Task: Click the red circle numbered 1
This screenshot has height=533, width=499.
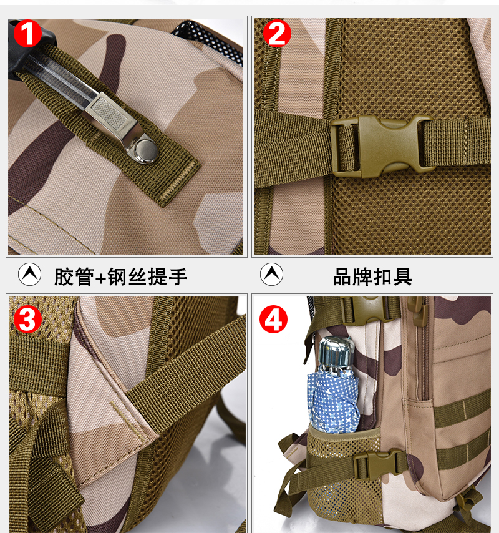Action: pos(27,33)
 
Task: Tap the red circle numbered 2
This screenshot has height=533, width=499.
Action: pos(277,33)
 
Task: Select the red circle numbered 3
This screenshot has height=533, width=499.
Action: pos(27,320)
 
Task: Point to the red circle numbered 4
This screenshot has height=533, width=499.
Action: pos(273,320)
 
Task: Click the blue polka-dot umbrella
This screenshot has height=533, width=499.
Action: pos(334,401)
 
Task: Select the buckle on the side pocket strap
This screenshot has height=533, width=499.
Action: pos(379,464)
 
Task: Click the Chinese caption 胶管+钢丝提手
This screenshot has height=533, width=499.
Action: pos(120,276)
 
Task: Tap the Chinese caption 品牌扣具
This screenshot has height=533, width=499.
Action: pos(372,276)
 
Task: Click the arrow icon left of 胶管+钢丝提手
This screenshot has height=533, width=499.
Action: pos(29,275)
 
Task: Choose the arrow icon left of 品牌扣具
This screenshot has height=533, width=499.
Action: pos(271,275)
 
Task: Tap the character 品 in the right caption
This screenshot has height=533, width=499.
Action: pos(342,276)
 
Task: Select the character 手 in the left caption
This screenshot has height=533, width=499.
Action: pos(178,276)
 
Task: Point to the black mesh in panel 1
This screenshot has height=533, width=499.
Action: pos(211,41)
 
